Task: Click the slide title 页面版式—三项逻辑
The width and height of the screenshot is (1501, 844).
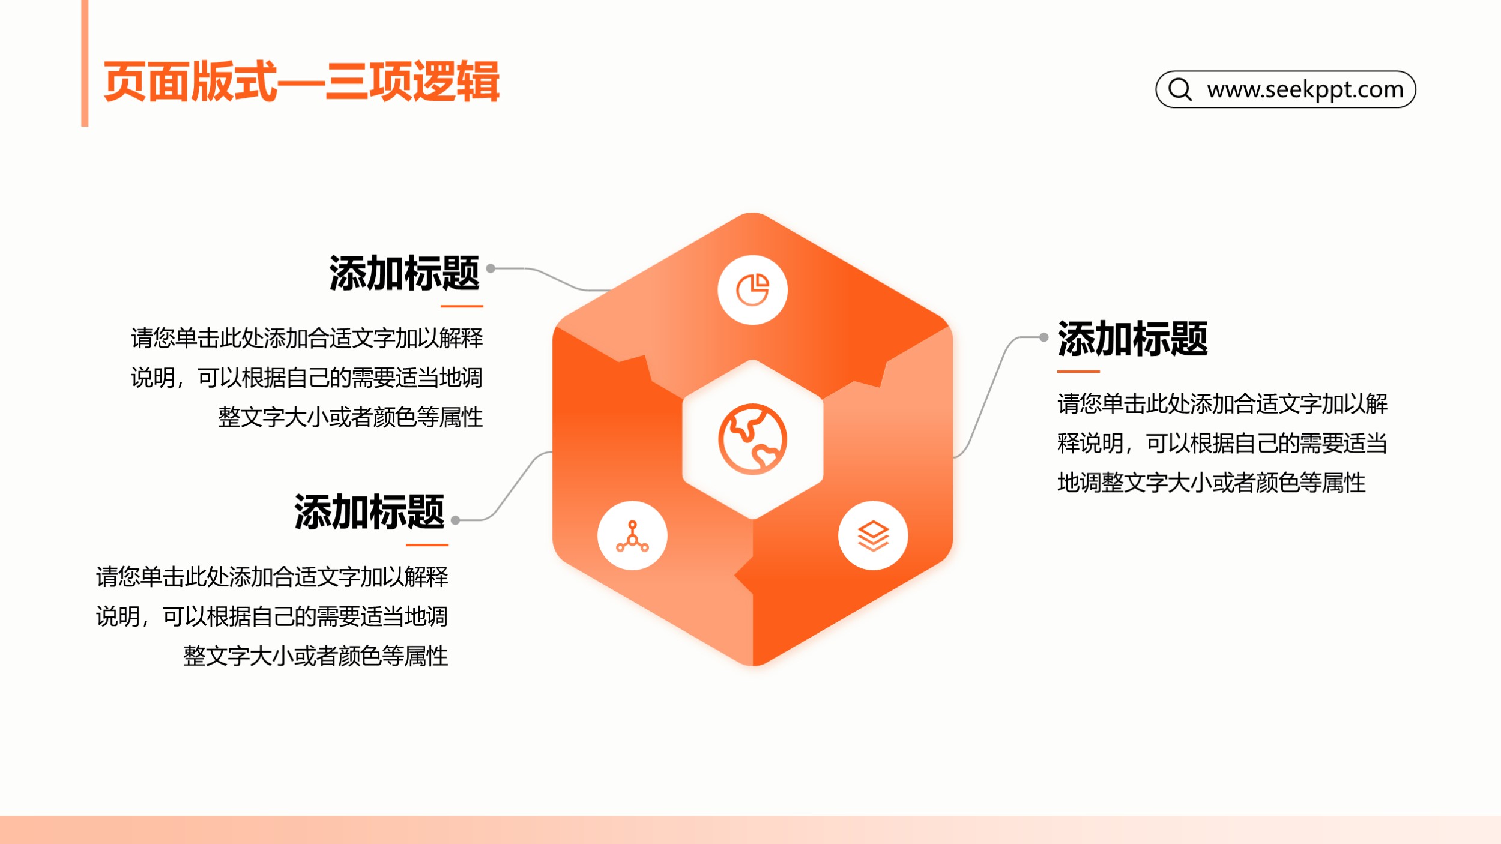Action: (x=301, y=81)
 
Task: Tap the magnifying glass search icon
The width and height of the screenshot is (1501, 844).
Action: (x=1180, y=89)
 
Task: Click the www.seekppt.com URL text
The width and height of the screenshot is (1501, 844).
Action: (x=1305, y=89)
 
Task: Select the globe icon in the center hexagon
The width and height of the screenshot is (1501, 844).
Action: (x=752, y=439)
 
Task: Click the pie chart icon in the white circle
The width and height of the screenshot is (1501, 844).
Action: (x=752, y=290)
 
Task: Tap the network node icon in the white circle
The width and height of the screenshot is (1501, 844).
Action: (x=632, y=536)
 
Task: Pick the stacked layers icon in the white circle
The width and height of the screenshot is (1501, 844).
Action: (x=873, y=535)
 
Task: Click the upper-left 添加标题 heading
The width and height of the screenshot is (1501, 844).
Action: (x=404, y=273)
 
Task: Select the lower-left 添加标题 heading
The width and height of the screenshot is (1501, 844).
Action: (x=369, y=512)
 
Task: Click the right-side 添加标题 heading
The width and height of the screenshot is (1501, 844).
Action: (x=1132, y=339)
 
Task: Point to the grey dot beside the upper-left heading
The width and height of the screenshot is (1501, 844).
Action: (x=491, y=268)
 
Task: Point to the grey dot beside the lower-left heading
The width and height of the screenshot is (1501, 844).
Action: (x=456, y=520)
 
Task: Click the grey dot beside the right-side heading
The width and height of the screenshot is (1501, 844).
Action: (x=1044, y=337)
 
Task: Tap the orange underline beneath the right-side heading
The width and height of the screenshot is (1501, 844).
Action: (x=1078, y=372)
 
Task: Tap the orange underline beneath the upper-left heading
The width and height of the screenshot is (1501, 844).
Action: (x=462, y=306)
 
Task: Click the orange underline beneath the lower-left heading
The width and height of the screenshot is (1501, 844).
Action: (x=427, y=545)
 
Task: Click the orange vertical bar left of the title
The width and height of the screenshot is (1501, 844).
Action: (x=85, y=63)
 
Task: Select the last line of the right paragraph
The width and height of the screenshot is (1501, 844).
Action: (x=1211, y=483)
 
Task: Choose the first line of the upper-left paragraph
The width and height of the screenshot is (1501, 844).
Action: (x=307, y=338)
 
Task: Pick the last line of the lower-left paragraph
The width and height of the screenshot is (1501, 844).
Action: (x=316, y=656)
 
